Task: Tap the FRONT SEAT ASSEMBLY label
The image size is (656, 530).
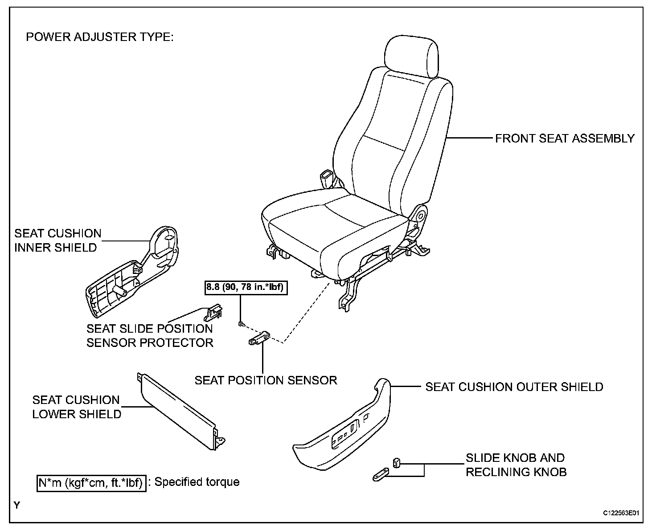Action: [565, 139]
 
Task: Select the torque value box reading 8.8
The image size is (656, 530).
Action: [245, 288]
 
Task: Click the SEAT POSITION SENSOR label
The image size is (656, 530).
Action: [266, 380]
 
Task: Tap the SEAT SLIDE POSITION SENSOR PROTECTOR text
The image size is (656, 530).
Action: [150, 336]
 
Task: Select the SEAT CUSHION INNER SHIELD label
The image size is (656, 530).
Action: [57, 241]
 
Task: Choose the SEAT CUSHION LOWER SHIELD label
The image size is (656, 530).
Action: [76, 407]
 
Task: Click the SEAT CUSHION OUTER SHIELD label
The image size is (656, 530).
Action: [514, 387]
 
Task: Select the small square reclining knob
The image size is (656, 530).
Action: [396, 463]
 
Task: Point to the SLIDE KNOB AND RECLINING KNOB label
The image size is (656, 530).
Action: [516, 465]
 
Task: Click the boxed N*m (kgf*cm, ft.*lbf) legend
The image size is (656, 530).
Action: [91, 483]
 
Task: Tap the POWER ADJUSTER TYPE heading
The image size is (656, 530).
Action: [99, 37]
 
